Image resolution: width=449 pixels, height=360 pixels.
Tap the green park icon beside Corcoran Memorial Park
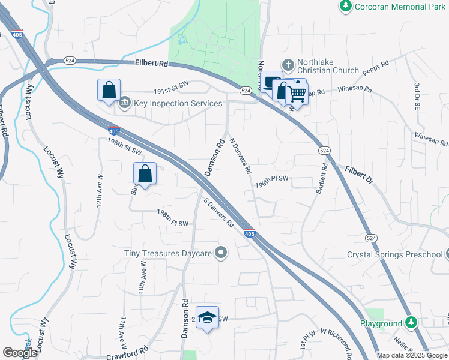click(x=345, y=7)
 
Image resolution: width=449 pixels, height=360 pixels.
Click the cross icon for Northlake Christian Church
click(x=288, y=64)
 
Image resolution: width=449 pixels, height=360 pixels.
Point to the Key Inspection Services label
click(x=178, y=103)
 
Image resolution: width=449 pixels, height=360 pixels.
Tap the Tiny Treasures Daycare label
click(x=169, y=253)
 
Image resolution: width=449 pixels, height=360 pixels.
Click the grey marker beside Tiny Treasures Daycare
click(x=221, y=253)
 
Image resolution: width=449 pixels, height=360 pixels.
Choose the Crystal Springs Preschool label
click(x=394, y=254)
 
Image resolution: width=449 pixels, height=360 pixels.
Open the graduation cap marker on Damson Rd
click(x=207, y=318)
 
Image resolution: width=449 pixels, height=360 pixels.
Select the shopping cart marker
click(x=297, y=92)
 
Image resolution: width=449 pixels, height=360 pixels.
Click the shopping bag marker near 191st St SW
click(x=109, y=91)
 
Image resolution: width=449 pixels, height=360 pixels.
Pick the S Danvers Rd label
click(x=218, y=213)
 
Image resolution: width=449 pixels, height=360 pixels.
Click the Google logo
click(x=20, y=353)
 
